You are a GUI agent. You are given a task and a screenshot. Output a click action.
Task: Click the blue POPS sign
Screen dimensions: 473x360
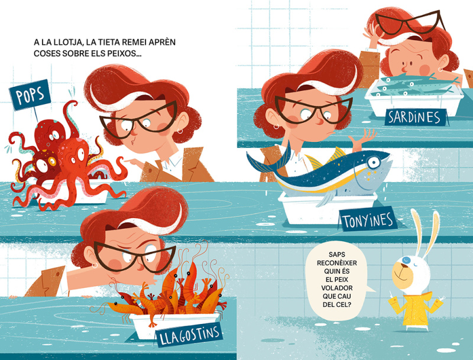[30, 95]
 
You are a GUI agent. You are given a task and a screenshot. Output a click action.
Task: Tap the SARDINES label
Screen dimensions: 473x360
[416, 117]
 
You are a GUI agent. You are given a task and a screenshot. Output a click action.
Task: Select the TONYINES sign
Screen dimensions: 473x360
[368, 220]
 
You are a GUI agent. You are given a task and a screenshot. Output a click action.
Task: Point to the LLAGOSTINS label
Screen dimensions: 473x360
[189, 335]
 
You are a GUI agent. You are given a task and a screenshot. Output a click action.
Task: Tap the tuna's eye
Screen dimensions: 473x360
[374, 163]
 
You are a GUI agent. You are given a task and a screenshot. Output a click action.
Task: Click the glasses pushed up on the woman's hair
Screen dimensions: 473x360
[409, 22]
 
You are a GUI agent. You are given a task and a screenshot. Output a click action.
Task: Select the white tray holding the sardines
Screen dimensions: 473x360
[414, 101]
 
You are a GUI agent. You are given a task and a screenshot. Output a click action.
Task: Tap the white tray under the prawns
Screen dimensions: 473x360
[175, 325]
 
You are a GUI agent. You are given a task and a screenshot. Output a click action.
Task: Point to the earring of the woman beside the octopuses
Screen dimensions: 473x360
[180, 131]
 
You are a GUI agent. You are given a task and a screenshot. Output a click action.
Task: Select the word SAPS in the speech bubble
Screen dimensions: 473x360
[337, 254]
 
